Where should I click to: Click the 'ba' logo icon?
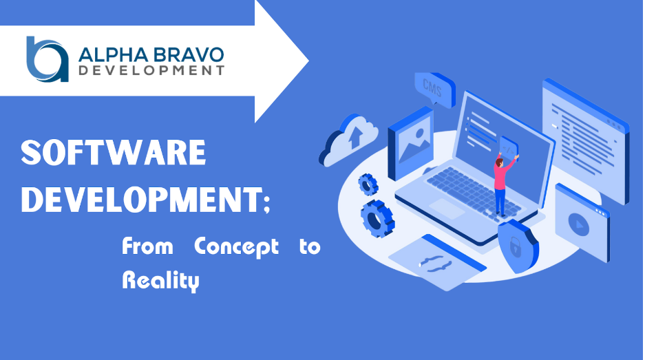coord(47,59)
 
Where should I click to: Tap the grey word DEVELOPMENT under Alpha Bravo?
coord(151,70)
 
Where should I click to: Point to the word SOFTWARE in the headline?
coord(113,153)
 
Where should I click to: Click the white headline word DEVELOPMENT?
coord(142,200)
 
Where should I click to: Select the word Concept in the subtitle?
coord(236,246)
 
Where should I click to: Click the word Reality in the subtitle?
coord(160,281)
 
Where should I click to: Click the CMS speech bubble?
coord(434,89)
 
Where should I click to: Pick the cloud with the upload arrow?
coord(349,140)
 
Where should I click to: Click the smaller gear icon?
coord(368,184)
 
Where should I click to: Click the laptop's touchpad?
coord(447,209)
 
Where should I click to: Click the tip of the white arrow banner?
coord(308,61)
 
